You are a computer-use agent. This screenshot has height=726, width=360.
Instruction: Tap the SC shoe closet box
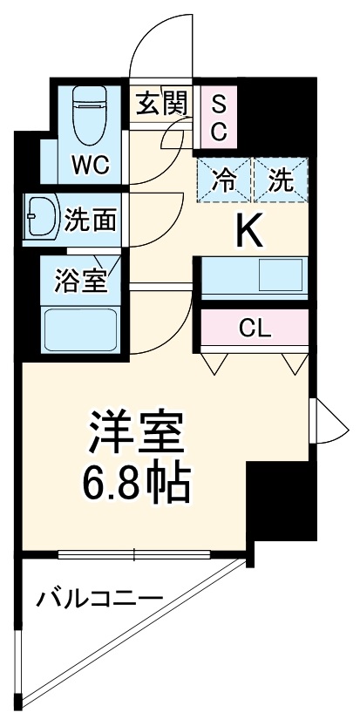[219, 119]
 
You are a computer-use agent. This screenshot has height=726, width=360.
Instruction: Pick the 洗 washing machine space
[280, 182]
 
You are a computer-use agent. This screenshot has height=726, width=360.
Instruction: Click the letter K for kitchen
[249, 232]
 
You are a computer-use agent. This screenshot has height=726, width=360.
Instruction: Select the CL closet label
[256, 328]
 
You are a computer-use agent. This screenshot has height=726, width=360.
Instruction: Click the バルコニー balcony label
[98, 599]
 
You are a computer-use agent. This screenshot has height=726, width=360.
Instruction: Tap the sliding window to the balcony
[134, 553]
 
